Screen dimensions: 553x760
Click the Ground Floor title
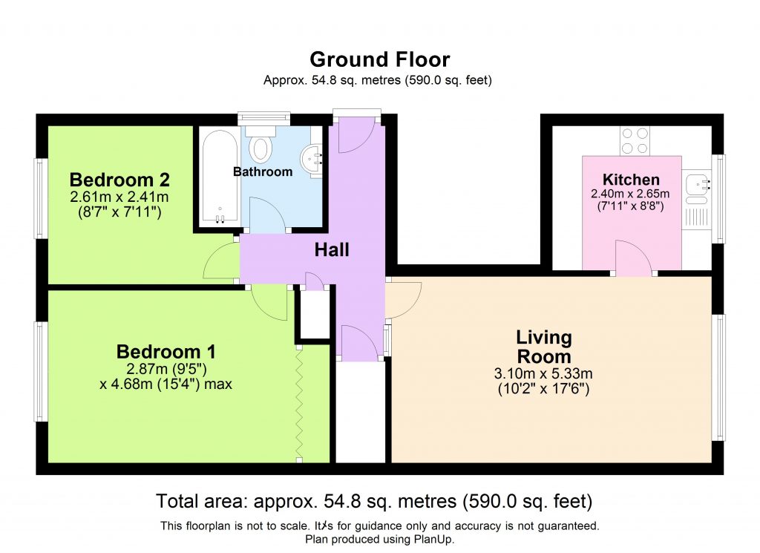(379, 59)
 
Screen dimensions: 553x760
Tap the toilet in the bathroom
(261, 145)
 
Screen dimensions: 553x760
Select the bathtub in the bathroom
(217, 178)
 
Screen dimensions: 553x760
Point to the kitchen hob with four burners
(635, 141)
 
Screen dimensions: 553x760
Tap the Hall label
(332, 250)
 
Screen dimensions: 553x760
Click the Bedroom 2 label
(119, 180)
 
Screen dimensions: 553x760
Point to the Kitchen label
(631, 180)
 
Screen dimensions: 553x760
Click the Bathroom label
(263, 171)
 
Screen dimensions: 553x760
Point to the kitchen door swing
(632, 260)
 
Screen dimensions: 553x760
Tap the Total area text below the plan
(374, 500)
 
